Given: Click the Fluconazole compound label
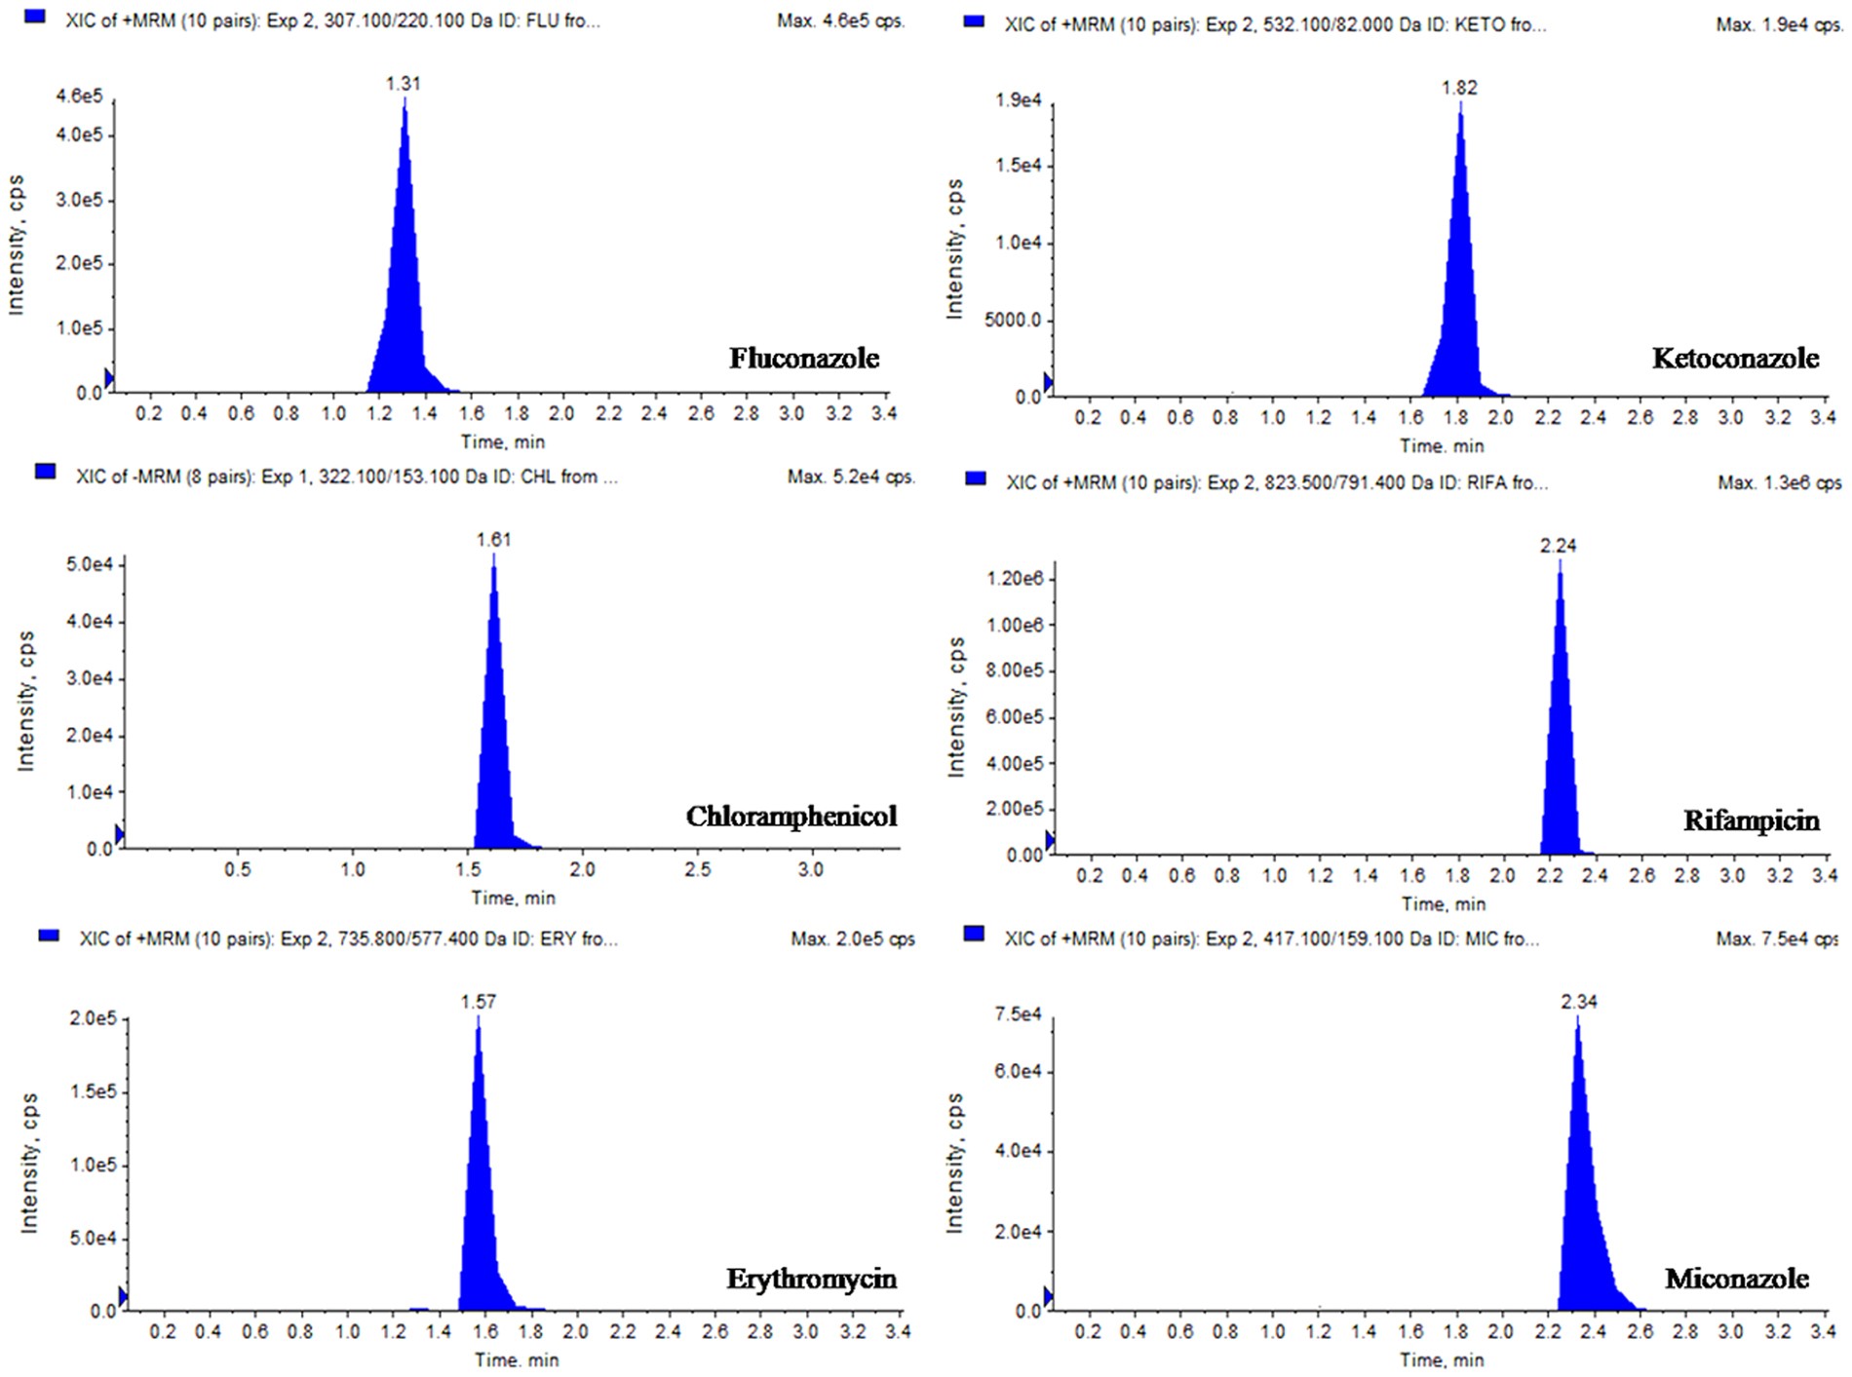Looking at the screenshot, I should [804, 359].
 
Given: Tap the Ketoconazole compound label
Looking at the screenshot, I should [1735, 359].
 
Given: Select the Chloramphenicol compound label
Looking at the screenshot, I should [791, 817].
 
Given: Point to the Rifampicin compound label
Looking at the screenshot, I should [1751, 821].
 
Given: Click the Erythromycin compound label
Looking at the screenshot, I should [811, 1279].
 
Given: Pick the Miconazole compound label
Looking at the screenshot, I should [1736, 1279].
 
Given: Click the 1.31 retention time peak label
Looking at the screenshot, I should [403, 84].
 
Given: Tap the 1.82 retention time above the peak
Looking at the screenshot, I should [1459, 88].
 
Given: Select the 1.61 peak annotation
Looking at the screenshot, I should [493, 540].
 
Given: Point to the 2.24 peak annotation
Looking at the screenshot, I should [1558, 546].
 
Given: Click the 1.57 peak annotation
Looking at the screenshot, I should [479, 1002].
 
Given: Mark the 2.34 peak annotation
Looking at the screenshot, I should [1579, 1002].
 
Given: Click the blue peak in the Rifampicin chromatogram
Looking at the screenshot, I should [1560, 760].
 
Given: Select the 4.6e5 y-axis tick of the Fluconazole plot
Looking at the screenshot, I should [78, 96].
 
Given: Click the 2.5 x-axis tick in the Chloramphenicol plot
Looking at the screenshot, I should [697, 869].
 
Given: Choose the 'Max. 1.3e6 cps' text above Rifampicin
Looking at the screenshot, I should [1779, 482].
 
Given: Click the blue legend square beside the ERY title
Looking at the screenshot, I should [49, 936].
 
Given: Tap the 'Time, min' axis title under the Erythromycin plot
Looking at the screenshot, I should [517, 1360].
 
